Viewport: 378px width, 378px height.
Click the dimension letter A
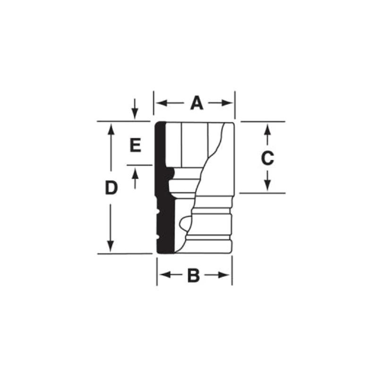(x=197, y=103)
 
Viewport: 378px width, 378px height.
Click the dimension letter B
(x=194, y=275)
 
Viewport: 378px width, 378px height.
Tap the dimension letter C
(x=267, y=158)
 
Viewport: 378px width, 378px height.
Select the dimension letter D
(x=111, y=188)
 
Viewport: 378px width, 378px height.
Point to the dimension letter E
(x=135, y=146)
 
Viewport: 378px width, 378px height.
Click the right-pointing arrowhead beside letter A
(x=229, y=103)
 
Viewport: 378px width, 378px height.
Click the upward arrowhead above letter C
(x=267, y=128)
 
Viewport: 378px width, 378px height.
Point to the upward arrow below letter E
(x=135, y=173)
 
